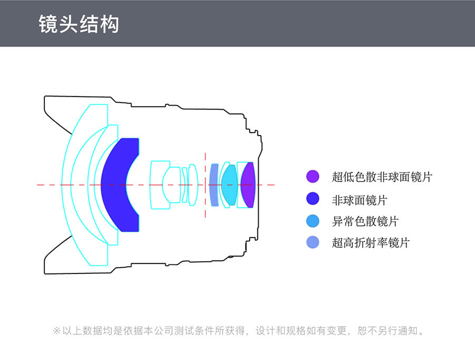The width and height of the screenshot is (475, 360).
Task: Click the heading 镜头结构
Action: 79,24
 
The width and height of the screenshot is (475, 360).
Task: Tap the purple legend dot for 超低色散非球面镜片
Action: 312,176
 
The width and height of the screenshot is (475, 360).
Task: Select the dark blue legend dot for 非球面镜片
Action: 312,199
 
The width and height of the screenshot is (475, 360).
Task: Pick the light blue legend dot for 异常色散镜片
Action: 312,221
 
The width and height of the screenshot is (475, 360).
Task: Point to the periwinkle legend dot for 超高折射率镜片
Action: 312,242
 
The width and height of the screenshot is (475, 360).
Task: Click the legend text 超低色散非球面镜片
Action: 382,177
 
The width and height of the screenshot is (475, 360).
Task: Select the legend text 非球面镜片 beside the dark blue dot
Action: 359,200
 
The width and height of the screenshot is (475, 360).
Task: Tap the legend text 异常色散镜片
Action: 365,221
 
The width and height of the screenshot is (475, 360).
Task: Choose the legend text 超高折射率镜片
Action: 371,243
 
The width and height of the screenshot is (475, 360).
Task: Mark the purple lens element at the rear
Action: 248,185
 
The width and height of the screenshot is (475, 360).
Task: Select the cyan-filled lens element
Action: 230,185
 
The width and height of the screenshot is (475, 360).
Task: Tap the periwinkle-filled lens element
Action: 214,185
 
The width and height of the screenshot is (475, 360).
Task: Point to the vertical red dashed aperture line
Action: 205,185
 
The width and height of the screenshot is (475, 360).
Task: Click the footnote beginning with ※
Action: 239,330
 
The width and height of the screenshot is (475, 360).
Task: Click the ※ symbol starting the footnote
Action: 56,330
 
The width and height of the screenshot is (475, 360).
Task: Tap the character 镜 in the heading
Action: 48,24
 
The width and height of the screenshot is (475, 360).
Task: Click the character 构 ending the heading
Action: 109,24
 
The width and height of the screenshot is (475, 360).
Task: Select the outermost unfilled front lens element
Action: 66,185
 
